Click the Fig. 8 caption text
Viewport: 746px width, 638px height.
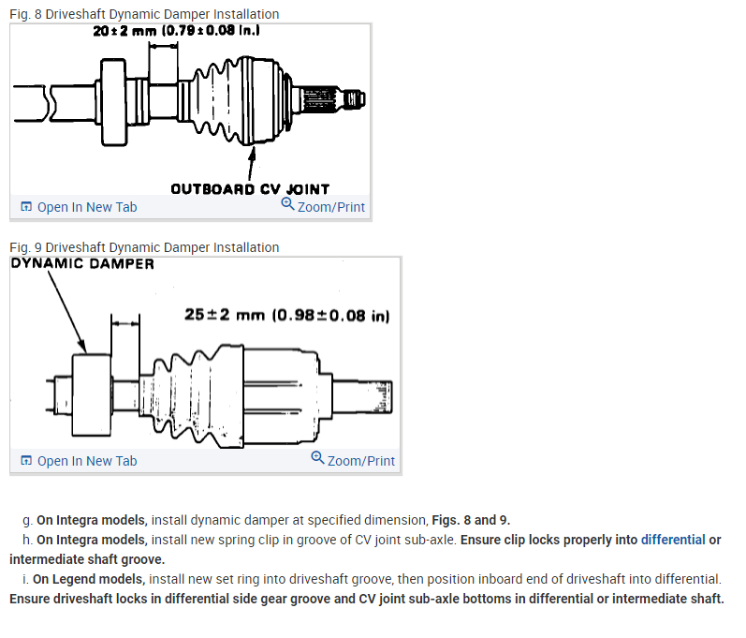pyautogui.click(x=144, y=14)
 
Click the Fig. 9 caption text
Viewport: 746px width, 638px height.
pyautogui.click(x=144, y=247)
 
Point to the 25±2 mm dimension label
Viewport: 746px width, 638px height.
pyautogui.click(x=286, y=315)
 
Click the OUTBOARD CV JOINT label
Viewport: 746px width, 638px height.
pyautogui.click(x=250, y=188)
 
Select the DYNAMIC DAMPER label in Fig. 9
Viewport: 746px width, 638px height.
pyautogui.click(x=82, y=263)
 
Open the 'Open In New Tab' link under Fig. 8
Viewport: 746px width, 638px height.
pyautogui.click(x=86, y=207)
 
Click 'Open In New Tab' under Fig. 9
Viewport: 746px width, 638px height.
pyautogui.click(x=86, y=461)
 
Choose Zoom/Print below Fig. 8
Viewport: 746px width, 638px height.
pyautogui.click(x=330, y=206)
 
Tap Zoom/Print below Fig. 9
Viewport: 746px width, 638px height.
pyautogui.click(x=360, y=461)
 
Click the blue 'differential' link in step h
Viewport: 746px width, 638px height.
pyautogui.click(x=673, y=540)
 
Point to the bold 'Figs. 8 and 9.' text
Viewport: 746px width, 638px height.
pyautogui.click(x=471, y=520)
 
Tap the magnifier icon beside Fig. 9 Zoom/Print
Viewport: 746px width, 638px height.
pyautogui.click(x=318, y=458)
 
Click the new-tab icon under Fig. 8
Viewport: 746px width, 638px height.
pyautogui.click(x=26, y=207)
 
